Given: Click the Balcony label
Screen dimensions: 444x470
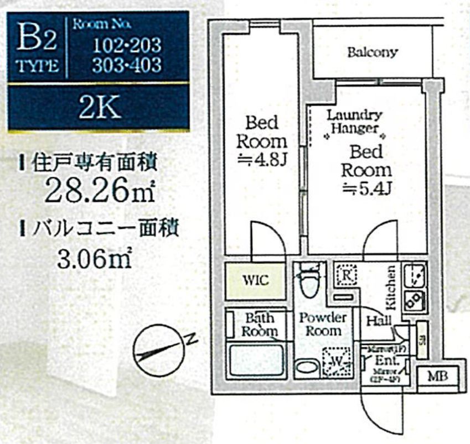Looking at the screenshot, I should click(x=372, y=53).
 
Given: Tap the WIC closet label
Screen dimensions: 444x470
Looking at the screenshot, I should click(x=256, y=280).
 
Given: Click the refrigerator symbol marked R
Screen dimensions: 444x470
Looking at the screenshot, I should click(x=346, y=274).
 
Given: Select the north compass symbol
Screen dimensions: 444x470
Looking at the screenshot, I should click(x=159, y=349).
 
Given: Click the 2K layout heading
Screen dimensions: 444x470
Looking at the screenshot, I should click(x=99, y=108).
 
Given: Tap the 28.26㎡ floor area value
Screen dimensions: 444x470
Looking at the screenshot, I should click(x=100, y=191).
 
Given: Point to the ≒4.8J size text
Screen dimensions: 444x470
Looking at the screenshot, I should click(x=262, y=159).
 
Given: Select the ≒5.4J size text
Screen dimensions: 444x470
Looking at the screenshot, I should click(x=366, y=187).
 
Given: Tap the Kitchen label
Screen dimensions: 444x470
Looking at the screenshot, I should click(x=390, y=288).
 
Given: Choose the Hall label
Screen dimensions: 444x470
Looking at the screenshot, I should click(x=379, y=320).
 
